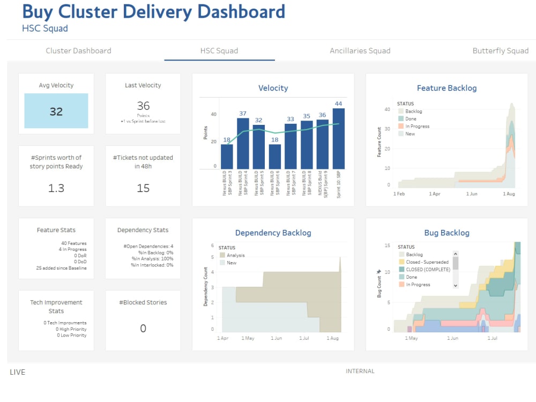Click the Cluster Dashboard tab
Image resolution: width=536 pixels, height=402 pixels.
click(x=78, y=51)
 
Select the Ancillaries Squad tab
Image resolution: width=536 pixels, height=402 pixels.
click(x=360, y=51)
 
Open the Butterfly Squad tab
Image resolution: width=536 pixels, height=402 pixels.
click(x=500, y=51)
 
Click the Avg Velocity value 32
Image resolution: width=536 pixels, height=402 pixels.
click(x=56, y=111)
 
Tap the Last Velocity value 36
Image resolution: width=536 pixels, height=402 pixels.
click(x=143, y=106)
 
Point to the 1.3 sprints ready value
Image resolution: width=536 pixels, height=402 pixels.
click(x=56, y=188)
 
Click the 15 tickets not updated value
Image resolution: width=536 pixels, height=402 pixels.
click(x=143, y=188)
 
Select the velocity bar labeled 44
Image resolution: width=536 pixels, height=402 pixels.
click(x=338, y=139)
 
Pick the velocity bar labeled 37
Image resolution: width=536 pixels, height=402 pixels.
click(x=243, y=144)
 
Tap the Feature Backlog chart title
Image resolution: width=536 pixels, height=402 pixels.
click(x=446, y=88)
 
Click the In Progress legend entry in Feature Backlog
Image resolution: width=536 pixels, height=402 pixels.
click(x=417, y=126)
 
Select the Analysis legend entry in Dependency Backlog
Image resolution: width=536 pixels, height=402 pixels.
click(x=235, y=256)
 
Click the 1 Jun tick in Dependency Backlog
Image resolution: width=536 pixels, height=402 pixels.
click(x=276, y=338)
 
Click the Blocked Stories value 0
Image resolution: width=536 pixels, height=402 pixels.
click(x=143, y=329)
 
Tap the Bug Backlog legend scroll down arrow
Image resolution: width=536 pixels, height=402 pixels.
click(x=456, y=286)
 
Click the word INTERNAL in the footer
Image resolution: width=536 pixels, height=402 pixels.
click(x=360, y=371)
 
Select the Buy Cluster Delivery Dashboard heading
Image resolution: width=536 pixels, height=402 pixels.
click(x=153, y=12)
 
